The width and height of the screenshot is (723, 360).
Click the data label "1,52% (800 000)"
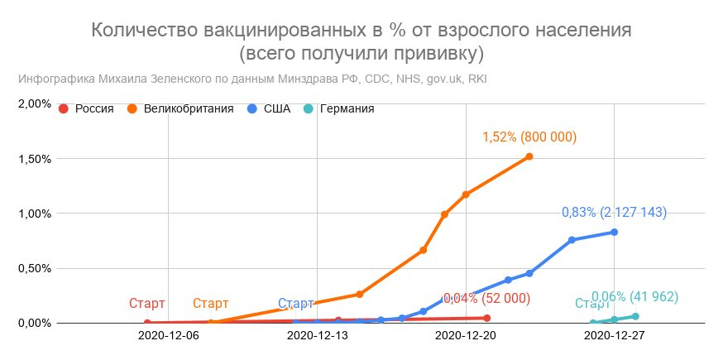click(529, 137)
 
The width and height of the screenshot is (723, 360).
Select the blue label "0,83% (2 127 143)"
click(614, 213)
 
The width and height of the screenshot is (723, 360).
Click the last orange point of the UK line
click(529, 156)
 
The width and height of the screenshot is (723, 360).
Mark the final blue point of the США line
click(615, 232)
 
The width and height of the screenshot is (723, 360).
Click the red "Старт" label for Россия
click(147, 304)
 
